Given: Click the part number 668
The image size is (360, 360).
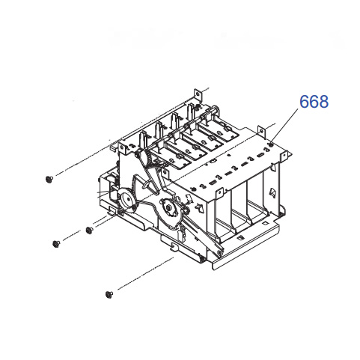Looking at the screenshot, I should (x=314, y=101).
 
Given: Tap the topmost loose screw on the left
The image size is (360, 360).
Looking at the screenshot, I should (x=49, y=178).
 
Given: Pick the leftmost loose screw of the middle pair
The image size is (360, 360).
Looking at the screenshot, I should (x=56, y=243).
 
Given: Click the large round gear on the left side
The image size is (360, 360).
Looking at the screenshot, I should (x=126, y=201).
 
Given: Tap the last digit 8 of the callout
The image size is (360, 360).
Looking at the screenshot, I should (x=323, y=101).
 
